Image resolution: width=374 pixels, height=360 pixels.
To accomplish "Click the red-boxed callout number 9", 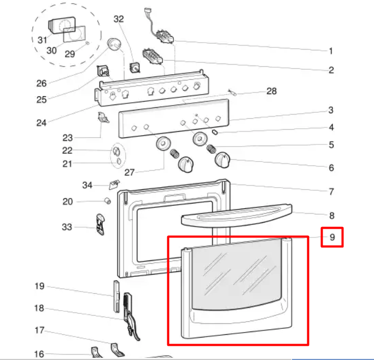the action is pyautogui.click(x=332, y=237).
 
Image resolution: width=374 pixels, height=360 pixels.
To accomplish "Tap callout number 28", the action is pyautogui.click(x=271, y=91).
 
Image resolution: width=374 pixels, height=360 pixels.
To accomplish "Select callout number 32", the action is pyautogui.click(x=119, y=19).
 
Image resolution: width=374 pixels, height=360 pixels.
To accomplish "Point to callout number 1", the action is pyautogui.click(x=331, y=51).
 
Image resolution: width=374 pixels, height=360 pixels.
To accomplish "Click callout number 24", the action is pyautogui.click(x=41, y=123).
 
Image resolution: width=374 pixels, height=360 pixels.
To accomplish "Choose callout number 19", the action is pyautogui.click(x=39, y=286).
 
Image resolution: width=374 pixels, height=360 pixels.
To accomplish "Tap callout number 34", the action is pyautogui.click(x=87, y=185).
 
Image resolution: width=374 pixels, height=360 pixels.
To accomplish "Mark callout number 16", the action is pyautogui.click(x=39, y=354).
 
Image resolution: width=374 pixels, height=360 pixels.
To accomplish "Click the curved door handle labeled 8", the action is pyautogui.click(x=237, y=216).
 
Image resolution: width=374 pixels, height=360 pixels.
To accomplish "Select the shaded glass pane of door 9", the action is pyautogui.click(x=237, y=275).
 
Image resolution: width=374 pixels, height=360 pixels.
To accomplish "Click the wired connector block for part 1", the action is pyautogui.click(x=165, y=37).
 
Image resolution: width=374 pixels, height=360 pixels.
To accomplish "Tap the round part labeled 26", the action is pyautogui.click(x=114, y=44).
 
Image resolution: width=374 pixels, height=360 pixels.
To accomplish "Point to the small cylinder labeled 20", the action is pyautogui.click(x=108, y=201).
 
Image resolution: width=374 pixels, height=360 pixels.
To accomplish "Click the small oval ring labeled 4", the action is pyautogui.click(x=215, y=132).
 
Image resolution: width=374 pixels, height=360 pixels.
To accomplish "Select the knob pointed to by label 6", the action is pyautogui.click(x=223, y=160).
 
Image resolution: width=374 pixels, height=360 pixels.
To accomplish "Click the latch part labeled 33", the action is pyautogui.click(x=101, y=224).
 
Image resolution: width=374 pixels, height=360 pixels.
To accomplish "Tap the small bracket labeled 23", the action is pyautogui.click(x=103, y=118).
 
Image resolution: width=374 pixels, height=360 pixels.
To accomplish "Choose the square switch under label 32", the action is pyautogui.click(x=135, y=67).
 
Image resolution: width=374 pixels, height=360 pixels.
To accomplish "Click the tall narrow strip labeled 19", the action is pyautogui.click(x=116, y=296).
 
